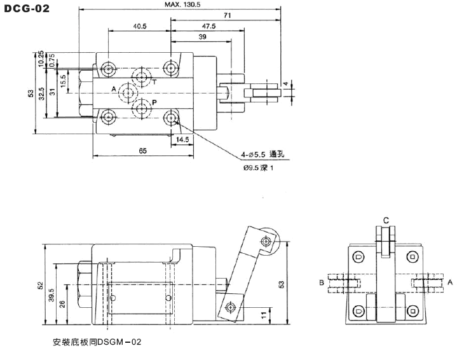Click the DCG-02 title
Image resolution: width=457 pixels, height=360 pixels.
click(x=27, y=8)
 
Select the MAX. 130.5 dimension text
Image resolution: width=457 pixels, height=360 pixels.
click(x=182, y=4)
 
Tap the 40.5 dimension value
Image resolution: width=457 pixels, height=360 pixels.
click(x=140, y=26)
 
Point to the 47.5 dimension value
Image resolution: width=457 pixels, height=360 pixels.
click(x=208, y=26)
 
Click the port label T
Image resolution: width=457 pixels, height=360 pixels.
click(x=154, y=82)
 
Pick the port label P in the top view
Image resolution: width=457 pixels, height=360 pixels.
click(x=154, y=102)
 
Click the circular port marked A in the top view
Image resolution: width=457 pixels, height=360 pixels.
click(x=128, y=93)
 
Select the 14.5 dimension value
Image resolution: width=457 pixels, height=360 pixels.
click(x=182, y=139)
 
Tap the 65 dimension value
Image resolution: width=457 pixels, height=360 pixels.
click(x=143, y=151)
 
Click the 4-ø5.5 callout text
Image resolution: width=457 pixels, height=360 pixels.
click(x=253, y=155)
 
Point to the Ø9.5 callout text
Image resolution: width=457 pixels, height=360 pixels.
click(x=251, y=168)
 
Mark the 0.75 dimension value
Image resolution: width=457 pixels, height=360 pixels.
click(x=52, y=60)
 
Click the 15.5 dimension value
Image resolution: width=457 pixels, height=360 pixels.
click(x=64, y=81)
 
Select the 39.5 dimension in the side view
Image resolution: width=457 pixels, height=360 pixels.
click(x=51, y=295)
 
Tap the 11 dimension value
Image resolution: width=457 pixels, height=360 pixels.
click(x=264, y=315)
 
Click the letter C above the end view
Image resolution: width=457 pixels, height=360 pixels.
click(x=386, y=221)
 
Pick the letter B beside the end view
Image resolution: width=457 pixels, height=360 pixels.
click(x=322, y=282)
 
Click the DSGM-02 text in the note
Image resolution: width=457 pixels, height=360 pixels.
click(x=119, y=342)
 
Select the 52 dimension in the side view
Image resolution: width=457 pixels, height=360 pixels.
click(x=40, y=286)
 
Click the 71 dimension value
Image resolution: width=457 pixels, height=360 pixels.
click(x=228, y=15)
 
